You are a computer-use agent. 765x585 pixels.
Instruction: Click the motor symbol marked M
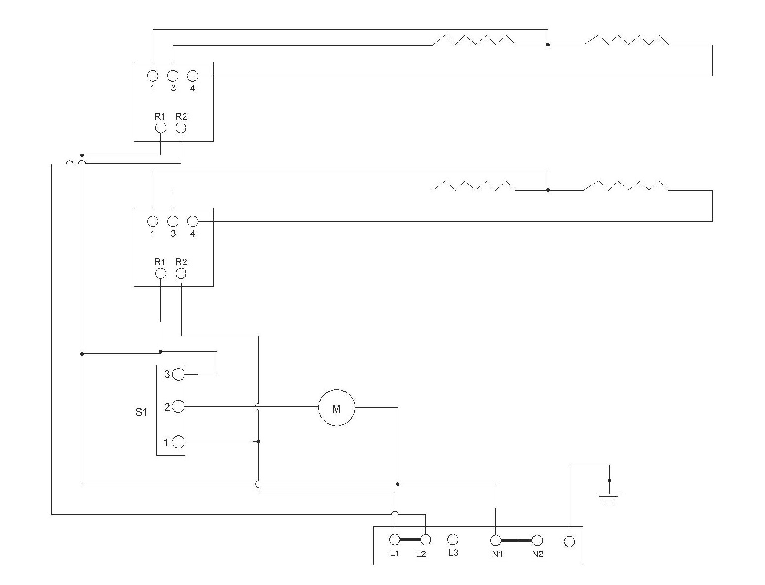[x=337, y=408]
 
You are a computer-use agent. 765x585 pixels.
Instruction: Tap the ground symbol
[x=609, y=498]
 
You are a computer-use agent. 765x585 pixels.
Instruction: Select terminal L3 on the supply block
[x=453, y=540]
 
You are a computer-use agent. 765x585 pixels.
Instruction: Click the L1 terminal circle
[x=395, y=540]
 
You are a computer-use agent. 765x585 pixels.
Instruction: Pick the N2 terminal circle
[x=537, y=540]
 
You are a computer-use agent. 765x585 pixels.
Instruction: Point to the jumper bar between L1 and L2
[x=410, y=540]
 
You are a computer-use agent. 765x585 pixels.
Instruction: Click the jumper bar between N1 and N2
[x=517, y=540]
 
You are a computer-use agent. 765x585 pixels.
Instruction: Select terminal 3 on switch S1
[x=179, y=374]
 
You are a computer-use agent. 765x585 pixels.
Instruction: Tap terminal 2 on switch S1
[x=179, y=406]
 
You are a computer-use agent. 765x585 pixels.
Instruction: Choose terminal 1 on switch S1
[x=179, y=442]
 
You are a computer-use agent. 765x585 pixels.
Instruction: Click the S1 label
[x=141, y=412]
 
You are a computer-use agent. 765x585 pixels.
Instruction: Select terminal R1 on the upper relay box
[x=161, y=128]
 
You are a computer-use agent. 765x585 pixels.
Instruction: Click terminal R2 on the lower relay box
[x=181, y=274]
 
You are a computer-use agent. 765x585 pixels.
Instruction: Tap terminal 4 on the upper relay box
[x=193, y=76]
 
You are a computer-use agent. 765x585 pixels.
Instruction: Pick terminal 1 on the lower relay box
[x=153, y=221]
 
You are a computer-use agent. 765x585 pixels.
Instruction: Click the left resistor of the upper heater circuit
[x=474, y=40]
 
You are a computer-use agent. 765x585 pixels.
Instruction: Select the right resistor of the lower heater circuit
[x=626, y=185]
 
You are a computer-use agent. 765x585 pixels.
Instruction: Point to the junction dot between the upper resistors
[x=548, y=45]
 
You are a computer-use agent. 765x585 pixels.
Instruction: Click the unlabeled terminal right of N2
[x=569, y=541]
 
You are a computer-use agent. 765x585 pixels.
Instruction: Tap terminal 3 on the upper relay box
[x=173, y=76]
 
